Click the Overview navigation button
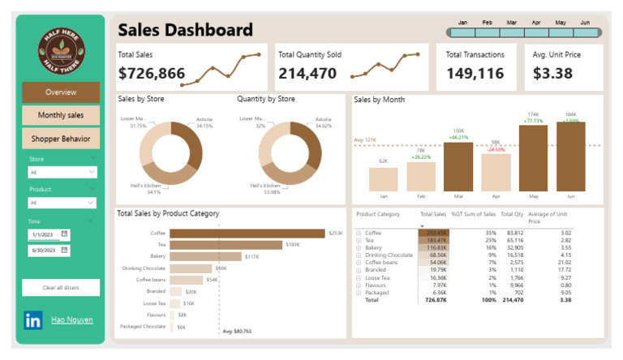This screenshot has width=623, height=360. coord(61,92)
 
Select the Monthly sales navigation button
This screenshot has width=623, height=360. coord(61,115)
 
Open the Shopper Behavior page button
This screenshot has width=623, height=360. coord(61,139)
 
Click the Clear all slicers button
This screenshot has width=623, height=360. coord(61,288)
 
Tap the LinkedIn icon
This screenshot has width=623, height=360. coord(33,320)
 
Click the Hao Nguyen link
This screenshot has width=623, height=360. coord(71,320)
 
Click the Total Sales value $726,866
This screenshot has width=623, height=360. coord(152,74)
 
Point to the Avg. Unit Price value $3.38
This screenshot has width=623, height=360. coord(552,74)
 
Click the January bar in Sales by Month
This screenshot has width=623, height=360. coord(384,179)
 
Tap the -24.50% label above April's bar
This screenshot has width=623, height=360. coord(496,149)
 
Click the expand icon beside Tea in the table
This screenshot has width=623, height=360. coord(359,240)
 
